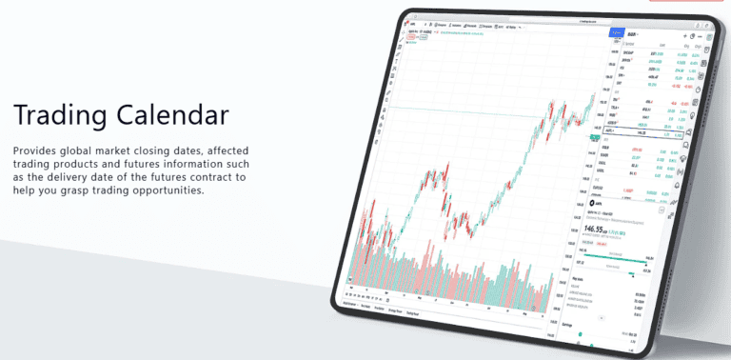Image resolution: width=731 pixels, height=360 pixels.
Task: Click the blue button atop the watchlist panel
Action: click(616, 32)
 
